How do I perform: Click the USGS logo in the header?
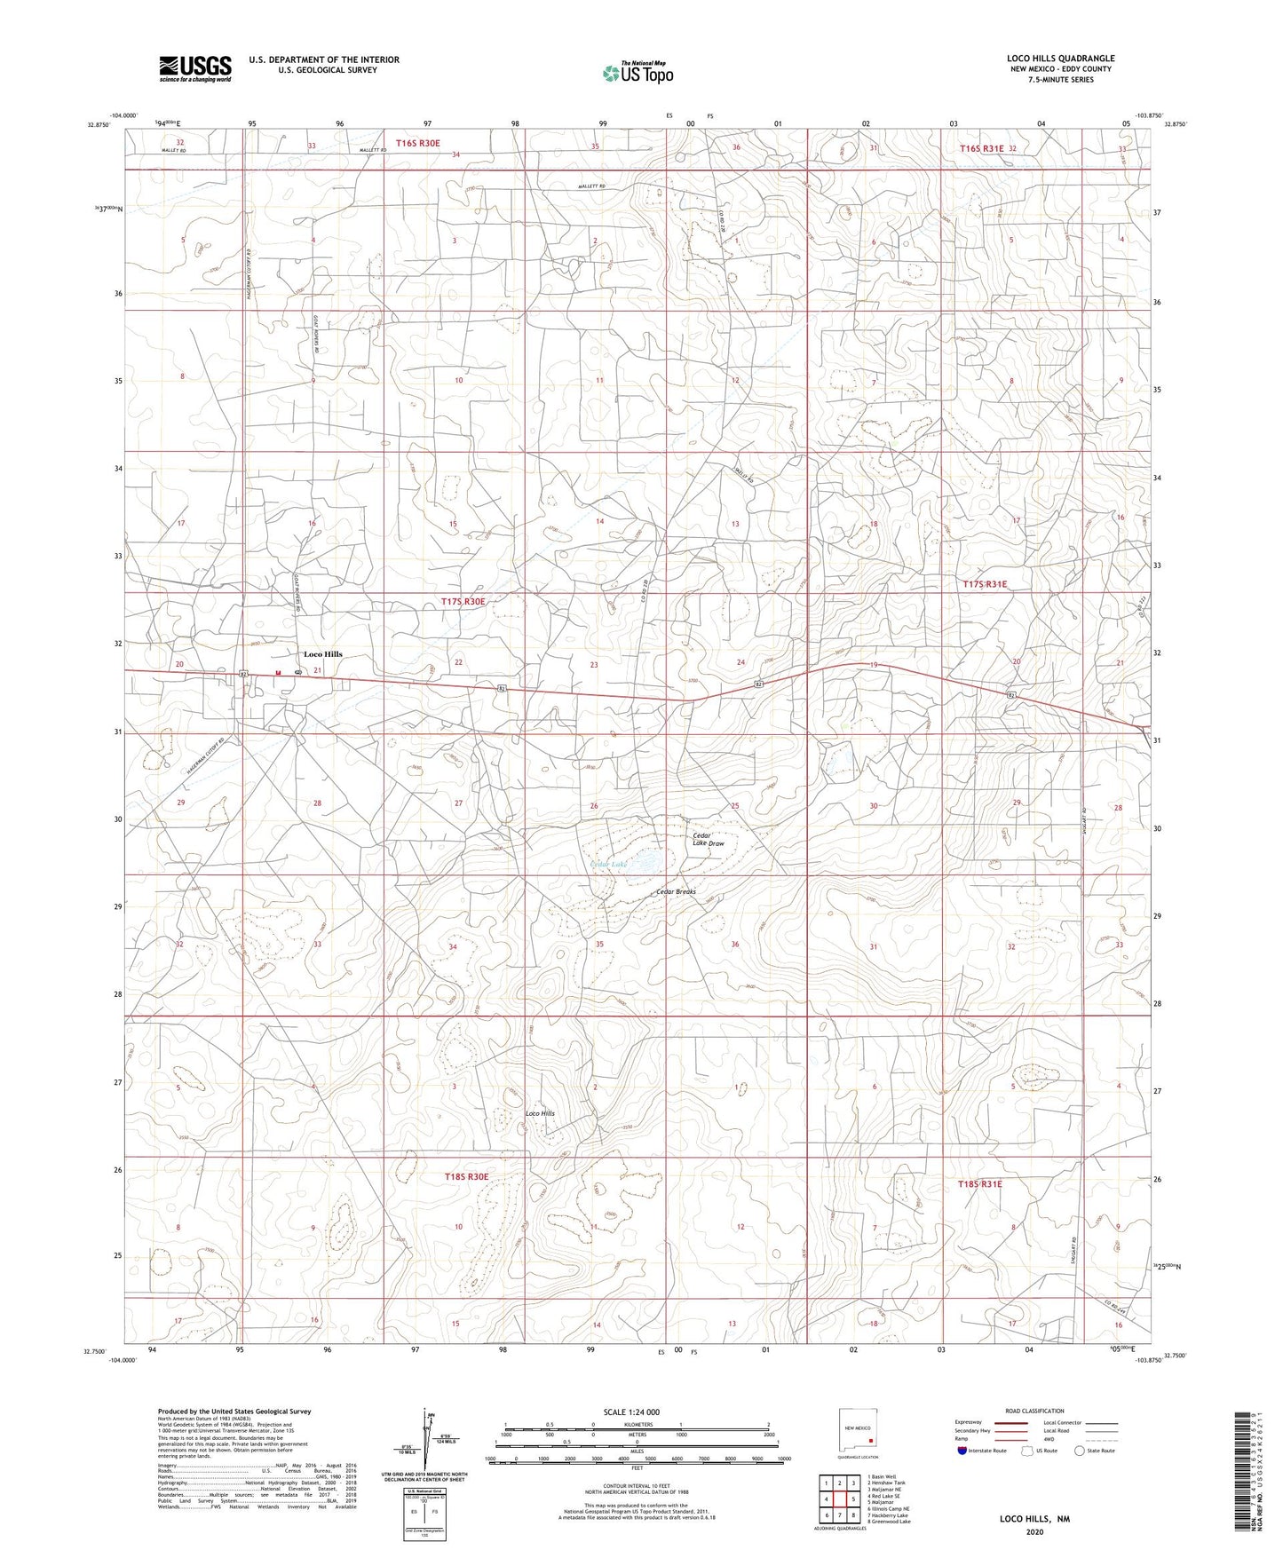coord(194,67)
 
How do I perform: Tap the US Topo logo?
coord(637,73)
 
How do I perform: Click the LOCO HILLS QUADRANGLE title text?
coord(1060,59)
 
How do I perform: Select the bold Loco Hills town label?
coord(322,654)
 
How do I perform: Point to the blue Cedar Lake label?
coord(609,864)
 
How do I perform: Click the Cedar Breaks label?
coord(676,891)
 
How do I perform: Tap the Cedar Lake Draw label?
coord(708,839)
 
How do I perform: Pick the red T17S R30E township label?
coord(463,602)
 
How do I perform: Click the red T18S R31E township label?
coord(979,1184)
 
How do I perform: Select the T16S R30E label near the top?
coord(417,143)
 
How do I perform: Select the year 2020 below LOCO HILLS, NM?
coord(1034,1531)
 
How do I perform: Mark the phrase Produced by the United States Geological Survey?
coord(234,1411)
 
